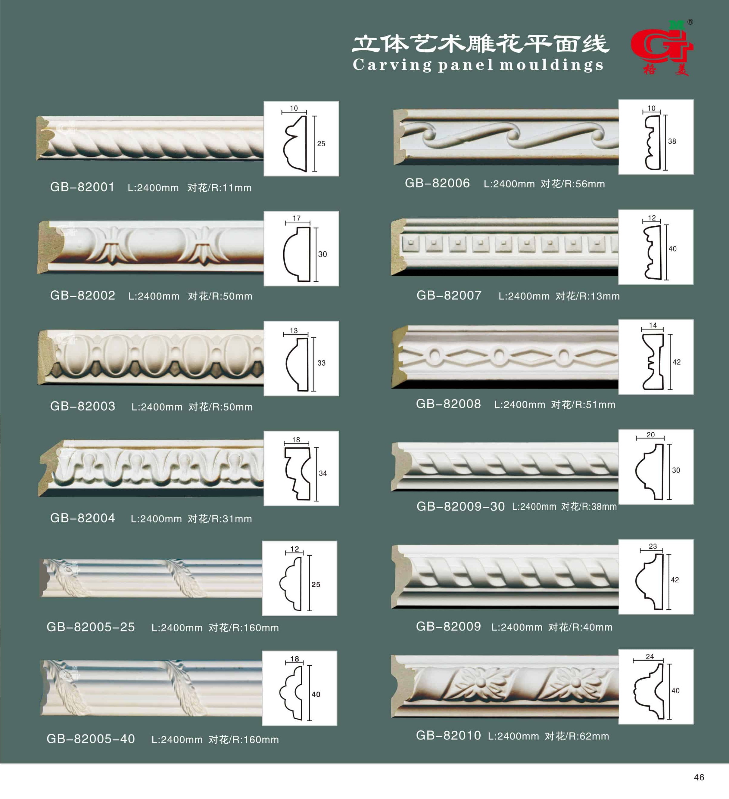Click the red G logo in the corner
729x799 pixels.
662,47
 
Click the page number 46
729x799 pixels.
699,777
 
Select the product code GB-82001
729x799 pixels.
83,187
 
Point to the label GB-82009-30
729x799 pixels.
460,506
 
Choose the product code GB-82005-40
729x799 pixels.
91,739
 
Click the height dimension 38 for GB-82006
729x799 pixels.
672,141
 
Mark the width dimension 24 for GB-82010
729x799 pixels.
650,656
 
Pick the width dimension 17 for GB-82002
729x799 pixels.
297,218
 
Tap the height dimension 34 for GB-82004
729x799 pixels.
323,473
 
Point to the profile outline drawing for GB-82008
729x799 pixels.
653,361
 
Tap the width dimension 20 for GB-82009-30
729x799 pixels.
650,435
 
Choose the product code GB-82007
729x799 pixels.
449,295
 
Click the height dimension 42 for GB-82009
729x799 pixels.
675,580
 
